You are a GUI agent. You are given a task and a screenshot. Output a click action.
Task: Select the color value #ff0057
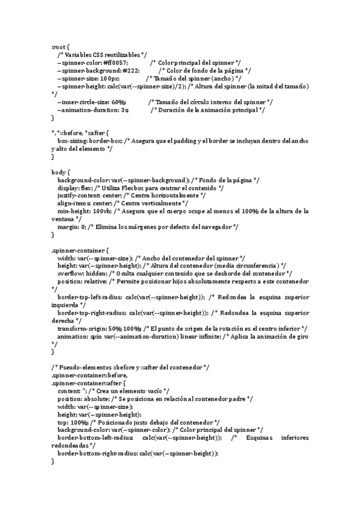point(115,63)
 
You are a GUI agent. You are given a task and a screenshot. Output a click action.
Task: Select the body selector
point(59,172)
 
